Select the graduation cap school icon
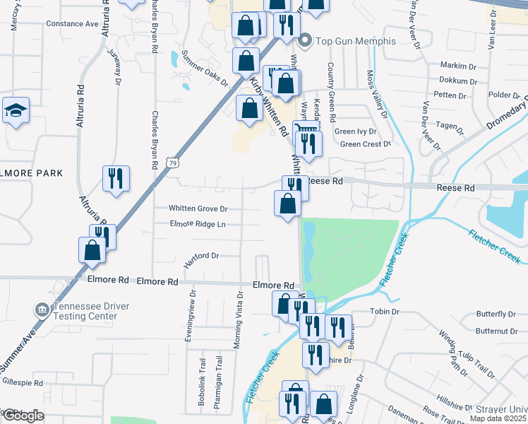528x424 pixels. coord(16,110)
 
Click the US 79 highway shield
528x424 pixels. coord(173,163)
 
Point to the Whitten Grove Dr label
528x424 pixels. coord(198,208)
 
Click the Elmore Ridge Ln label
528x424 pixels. coord(197,225)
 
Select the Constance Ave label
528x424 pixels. coord(72,23)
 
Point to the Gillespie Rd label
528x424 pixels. coord(23,383)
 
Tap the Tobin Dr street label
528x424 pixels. coord(385,311)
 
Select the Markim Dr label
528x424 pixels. coord(454,65)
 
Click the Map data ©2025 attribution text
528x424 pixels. coord(498,418)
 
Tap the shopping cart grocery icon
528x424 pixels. coord(304,130)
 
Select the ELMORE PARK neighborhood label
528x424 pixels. coord(31,173)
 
